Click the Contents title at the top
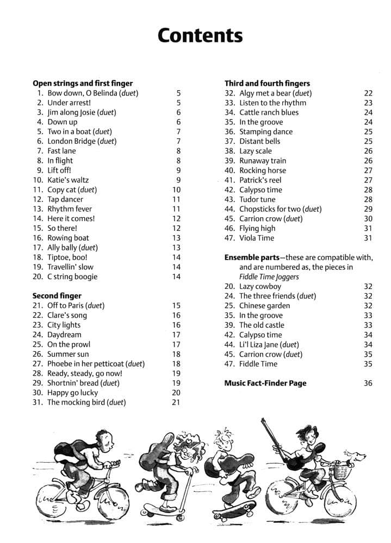point(200,35)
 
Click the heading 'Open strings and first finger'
point(83,83)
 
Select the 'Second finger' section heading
point(57,295)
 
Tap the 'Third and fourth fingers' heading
point(267,83)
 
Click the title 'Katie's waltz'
point(68,180)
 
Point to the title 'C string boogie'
point(72,276)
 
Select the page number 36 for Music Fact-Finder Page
point(368,383)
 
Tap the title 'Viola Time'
point(257,238)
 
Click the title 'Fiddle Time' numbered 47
point(258,364)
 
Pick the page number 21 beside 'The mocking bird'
point(176,402)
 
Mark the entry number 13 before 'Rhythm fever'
point(38,209)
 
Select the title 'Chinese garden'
point(264,306)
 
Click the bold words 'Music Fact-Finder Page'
point(265,383)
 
